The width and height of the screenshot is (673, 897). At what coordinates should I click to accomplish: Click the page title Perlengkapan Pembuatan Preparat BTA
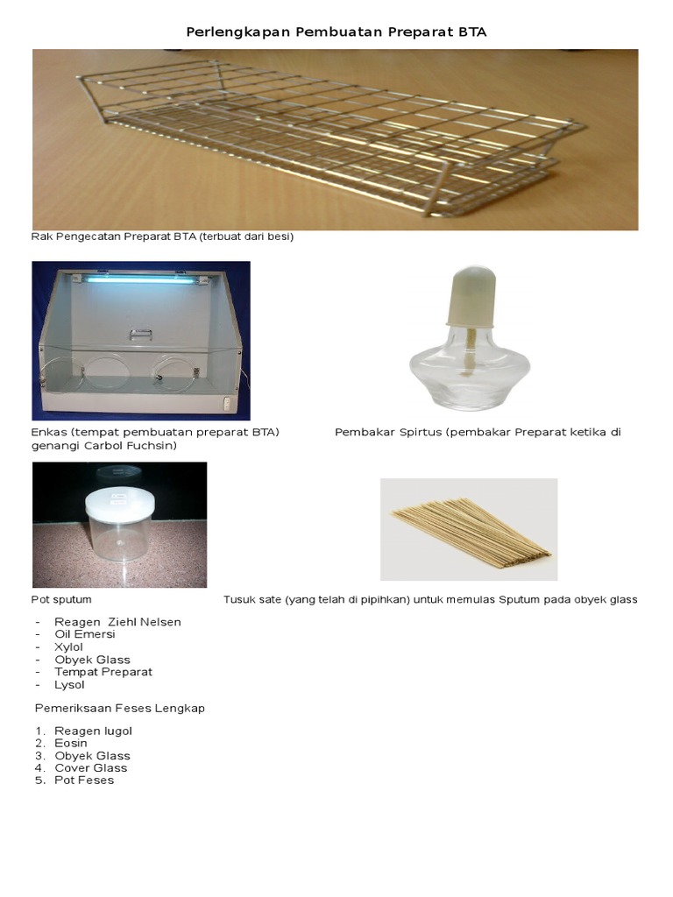point(336,32)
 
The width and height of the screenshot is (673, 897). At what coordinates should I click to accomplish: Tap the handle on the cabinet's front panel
point(140,334)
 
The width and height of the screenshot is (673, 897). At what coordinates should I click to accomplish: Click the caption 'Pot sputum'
point(61,599)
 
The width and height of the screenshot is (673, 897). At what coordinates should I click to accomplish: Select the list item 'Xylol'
point(68,647)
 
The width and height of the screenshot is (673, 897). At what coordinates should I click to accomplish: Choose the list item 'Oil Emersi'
point(85,634)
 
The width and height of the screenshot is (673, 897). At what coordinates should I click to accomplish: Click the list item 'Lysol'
point(69,685)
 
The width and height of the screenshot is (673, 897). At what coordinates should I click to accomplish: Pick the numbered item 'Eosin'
point(71,743)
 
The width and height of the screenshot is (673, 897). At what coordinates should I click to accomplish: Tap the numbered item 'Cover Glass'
point(91,767)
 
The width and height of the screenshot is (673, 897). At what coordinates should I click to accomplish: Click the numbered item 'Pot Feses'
point(84,780)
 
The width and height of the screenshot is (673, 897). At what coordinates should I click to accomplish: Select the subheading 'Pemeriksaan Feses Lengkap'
point(119,708)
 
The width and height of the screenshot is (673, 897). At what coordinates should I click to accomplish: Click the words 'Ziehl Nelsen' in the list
point(145,622)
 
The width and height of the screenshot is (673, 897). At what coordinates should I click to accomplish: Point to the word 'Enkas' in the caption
point(49,432)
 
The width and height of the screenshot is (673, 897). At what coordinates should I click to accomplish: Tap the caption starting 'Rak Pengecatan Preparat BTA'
point(162,237)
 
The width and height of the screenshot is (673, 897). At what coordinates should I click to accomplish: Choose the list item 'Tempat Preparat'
point(103,672)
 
